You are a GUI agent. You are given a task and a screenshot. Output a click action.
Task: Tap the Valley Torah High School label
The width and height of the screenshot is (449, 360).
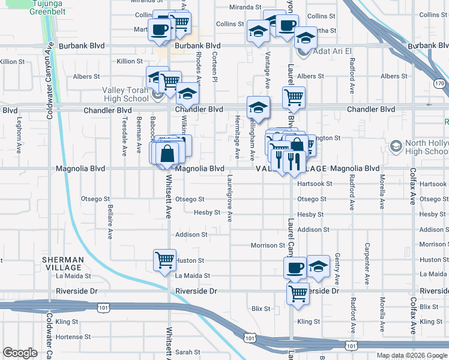(x=125, y=94)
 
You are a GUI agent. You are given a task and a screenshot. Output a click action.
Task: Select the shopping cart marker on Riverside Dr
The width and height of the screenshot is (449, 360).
(x=297, y=293)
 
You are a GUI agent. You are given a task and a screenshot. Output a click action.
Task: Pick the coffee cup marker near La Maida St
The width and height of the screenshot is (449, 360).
(x=295, y=267)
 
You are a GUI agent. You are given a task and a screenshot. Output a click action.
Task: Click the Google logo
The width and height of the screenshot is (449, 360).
(x=20, y=353)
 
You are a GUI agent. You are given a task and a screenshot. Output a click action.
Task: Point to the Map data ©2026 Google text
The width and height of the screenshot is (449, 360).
(x=411, y=355)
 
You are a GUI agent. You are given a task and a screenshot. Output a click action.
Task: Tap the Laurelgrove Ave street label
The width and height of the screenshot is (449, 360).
(x=229, y=197)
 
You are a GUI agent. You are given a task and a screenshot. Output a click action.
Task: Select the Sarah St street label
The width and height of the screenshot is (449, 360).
(x=187, y=352)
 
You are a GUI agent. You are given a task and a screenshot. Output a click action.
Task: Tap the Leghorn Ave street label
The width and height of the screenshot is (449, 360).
(x=19, y=130)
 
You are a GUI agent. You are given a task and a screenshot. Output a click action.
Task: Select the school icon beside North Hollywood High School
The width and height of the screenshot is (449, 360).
(x=396, y=146)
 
